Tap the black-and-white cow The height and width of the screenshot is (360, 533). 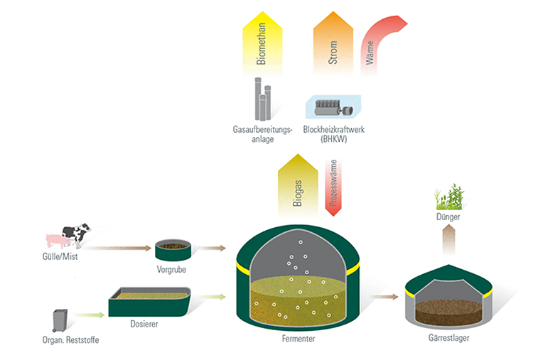(x=77, y=234)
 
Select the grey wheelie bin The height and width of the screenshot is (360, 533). (x=60, y=320)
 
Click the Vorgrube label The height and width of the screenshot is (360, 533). (x=171, y=270)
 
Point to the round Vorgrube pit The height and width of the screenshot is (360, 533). (x=173, y=250)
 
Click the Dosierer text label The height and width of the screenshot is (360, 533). (x=144, y=324)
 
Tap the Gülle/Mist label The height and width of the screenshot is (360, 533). (x=60, y=256)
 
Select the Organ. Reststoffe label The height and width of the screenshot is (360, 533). (x=70, y=340)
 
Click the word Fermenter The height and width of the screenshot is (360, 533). (x=298, y=339)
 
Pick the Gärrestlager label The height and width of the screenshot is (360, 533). (x=448, y=338)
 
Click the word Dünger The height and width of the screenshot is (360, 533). (x=448, y=217)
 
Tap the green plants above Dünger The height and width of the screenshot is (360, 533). (x=449, y=197)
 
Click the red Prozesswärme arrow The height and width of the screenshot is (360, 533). (x=333, y=188)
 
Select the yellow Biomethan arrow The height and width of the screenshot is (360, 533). (x=262, y=43)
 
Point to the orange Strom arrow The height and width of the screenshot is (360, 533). (x=333, y=43)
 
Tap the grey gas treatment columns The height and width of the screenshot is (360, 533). (x=263, y=99)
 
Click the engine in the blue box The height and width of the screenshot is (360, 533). (x=334, y=108)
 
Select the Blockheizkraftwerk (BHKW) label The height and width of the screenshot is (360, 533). (x=334, y=134)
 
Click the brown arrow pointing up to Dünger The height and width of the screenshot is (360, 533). (x=448, y=240)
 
